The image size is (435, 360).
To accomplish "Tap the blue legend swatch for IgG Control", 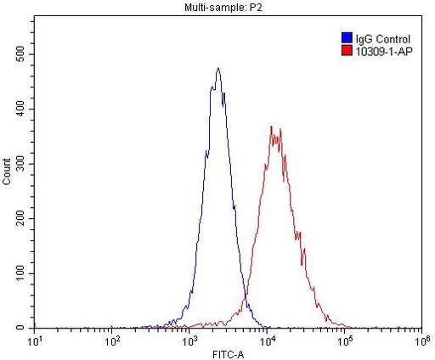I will point(346,38).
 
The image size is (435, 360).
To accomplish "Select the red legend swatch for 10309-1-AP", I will point(346,50).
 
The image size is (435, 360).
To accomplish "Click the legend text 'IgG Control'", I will point(382,38).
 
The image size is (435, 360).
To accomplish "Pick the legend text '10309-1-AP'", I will point(382,50).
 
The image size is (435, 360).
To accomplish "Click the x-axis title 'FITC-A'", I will point(227,352).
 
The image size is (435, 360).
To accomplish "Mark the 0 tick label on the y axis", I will point(25,328).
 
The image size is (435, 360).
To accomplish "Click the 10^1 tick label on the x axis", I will point(36,340).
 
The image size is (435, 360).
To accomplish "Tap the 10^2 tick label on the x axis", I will point(112,340).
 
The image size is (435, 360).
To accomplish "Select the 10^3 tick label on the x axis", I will point(189,340).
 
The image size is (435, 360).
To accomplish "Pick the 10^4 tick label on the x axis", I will point(267,340).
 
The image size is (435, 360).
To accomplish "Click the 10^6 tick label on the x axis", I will point(421,340).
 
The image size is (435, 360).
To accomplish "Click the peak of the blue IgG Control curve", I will point(218,69).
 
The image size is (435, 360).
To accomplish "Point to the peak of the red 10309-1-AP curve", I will point(272,127).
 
